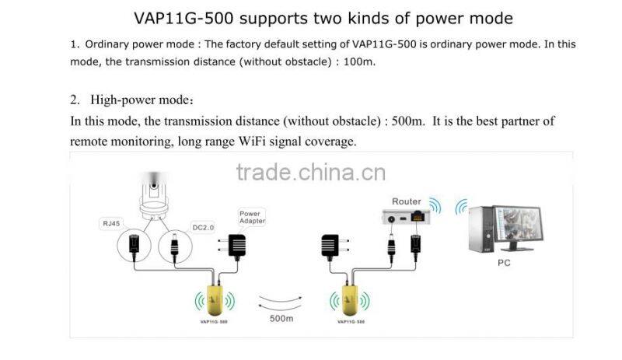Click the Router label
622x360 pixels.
point(406,201)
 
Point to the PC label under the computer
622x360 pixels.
point(503,264)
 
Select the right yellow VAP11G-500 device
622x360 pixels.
point(351,296)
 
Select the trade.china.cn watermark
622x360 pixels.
point(310,172)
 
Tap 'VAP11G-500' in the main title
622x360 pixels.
point(181,17)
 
